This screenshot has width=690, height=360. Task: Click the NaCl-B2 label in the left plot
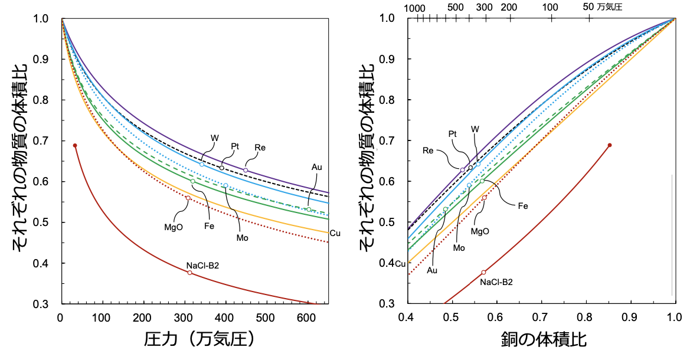click(x=202, y=265)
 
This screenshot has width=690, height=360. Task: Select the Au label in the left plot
click(x=316, y=167)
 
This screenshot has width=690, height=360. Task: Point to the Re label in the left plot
click(x=260, y=147)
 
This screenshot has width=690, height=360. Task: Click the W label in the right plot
click(x=475, y=129)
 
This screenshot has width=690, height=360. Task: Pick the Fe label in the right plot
click(x=523, y=206)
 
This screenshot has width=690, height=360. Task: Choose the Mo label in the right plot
click(x=459, y=248)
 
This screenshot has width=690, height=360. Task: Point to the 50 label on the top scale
click(x=588, y=7)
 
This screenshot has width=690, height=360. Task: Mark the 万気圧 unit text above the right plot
click(x=610, y=7)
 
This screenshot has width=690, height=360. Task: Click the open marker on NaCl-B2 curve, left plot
click(x=189, y=273)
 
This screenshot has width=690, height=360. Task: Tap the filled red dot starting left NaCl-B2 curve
click(x=75, y=145)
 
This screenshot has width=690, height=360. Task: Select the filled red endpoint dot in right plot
click(x=610, y=145)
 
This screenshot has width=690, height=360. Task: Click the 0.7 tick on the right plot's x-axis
click(x=540, y=318)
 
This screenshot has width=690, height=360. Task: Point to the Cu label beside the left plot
click(x=335, y=233)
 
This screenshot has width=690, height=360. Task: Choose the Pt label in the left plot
click(x=234, y=145)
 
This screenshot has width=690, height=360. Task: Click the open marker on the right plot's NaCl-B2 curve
click(x=483, y=272)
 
